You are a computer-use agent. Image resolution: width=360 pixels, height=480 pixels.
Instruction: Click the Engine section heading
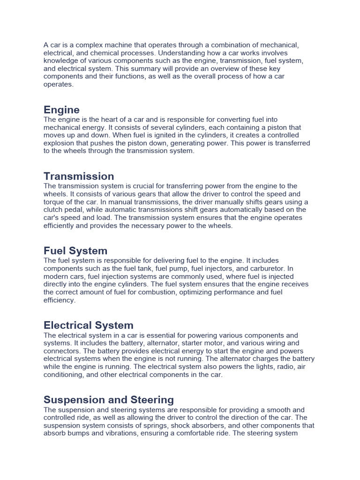pos(61,110)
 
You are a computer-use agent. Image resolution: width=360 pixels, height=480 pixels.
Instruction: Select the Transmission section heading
pos(79,176)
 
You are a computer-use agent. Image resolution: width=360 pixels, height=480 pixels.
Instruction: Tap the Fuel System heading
pos(75,250)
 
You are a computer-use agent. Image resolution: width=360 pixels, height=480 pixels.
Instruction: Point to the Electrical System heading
pos(89,325)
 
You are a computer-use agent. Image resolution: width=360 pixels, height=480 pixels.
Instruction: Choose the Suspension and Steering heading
pos(109,399)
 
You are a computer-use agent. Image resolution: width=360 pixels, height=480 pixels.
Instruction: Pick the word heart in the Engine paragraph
pos(107,120)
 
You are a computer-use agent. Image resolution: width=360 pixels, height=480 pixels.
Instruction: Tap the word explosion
pos(60,143)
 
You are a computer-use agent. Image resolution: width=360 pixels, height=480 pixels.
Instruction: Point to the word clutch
pos(53,210)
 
